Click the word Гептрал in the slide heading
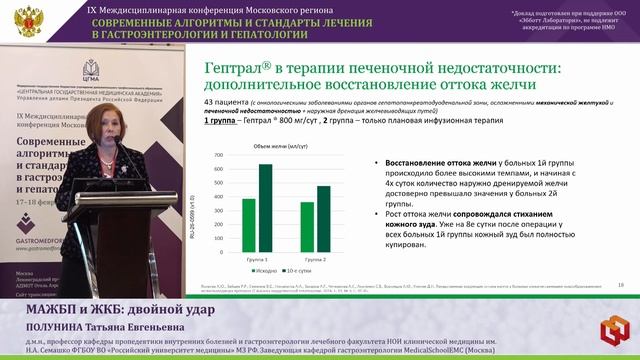pos(237,68)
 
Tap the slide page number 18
pos(621,285)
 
